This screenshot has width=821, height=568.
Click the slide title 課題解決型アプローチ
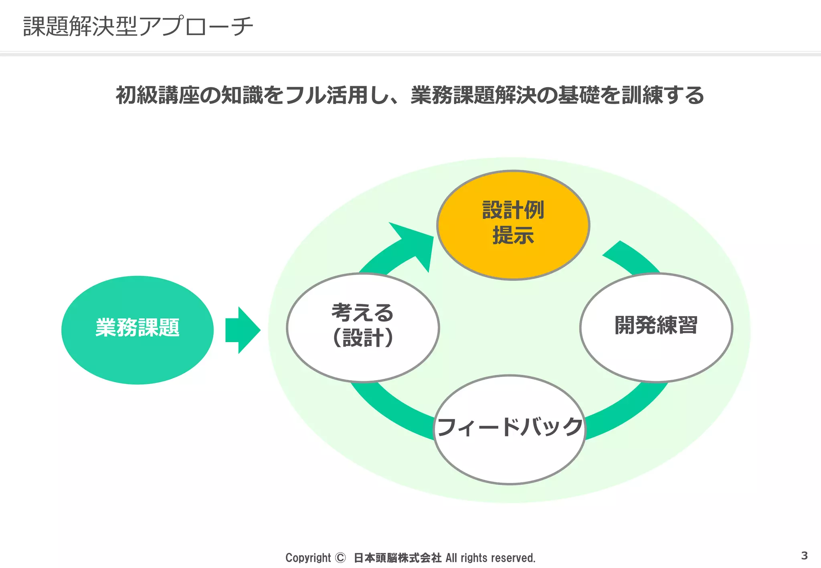(x=138, y=26)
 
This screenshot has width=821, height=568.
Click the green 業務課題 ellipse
(x=138, y=330)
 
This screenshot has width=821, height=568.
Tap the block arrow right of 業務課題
(x=243, y=330)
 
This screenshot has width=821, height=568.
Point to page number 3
(x=804, y=556)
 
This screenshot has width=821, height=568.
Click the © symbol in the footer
(x=340, y=558)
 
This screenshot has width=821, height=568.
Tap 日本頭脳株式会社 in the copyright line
(x=397, y=558)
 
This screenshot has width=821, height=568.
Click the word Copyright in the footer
(x=308, y=558)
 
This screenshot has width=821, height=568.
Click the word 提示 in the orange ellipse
(x=513, y=235)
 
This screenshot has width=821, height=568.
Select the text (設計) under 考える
(x=363, y=337)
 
